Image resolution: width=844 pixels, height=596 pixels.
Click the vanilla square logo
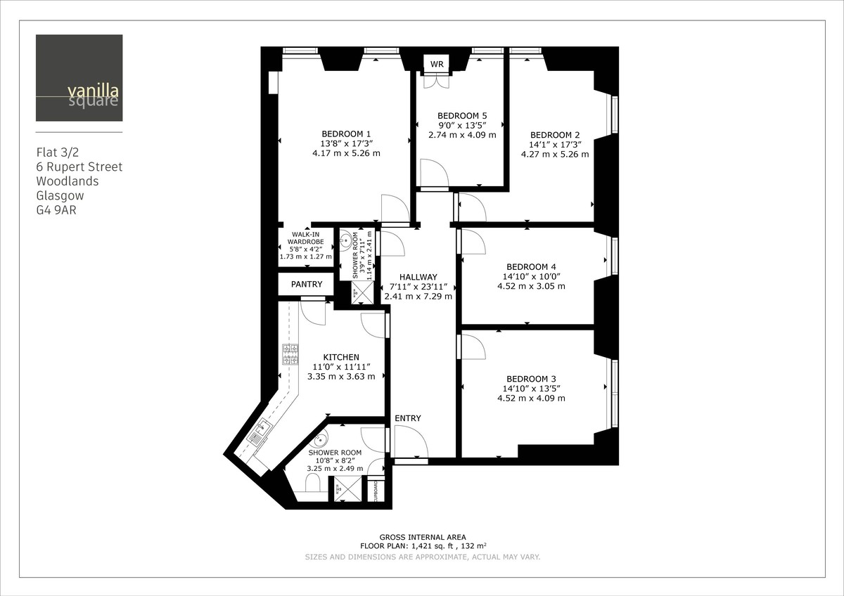tap(79, 78)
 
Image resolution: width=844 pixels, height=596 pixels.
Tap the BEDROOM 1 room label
tap(346, 134)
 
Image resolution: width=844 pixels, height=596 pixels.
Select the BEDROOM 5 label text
tap(462, 116)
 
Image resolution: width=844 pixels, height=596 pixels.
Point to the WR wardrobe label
tap(437, 65)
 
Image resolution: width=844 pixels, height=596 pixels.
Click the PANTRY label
tap(306, 285)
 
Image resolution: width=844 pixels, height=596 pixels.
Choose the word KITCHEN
tap(341, 358)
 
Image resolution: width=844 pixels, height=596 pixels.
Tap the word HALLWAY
tap(418, 277)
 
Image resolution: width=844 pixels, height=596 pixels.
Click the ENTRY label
tap(408, 419)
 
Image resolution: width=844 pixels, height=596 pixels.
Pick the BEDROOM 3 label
tap(531, 379)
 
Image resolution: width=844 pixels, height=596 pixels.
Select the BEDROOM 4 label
tap(531, 267)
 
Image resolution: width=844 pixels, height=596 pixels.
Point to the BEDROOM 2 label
tap(555, 135)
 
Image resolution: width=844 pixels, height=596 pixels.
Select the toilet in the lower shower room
tap(314, 483)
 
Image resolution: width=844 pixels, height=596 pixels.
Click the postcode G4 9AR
tap(56, 209)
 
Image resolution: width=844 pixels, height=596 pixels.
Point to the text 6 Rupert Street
tap(79, 167)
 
